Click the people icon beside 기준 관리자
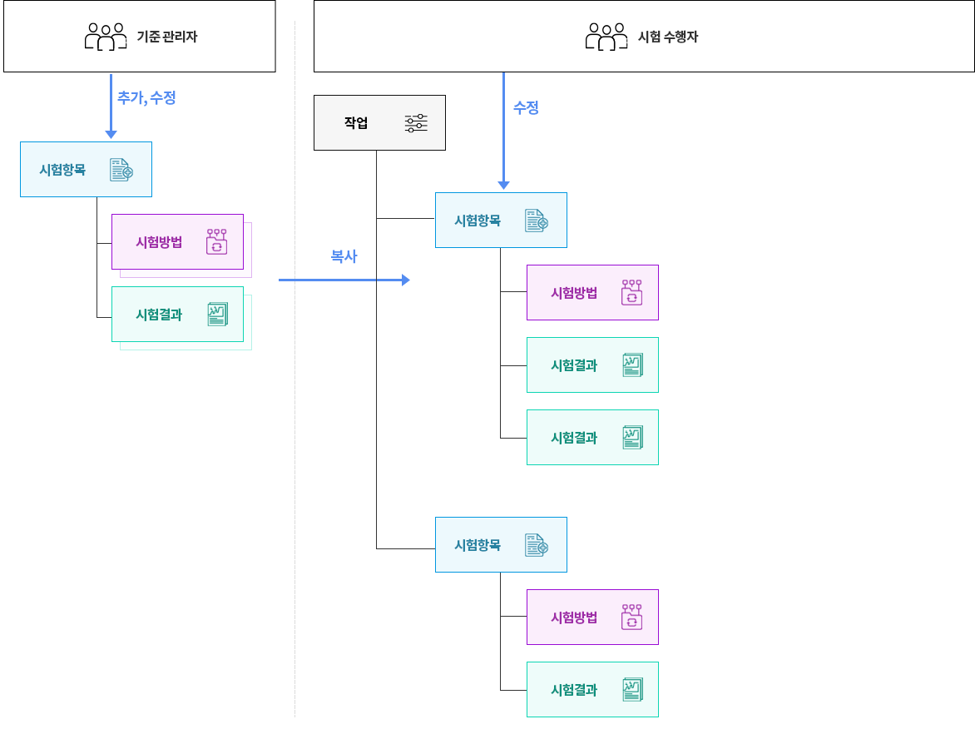pyautogui.click(x=106, y=37)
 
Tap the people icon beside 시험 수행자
pyautogui.click(x=606, y=37)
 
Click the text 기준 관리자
pyautogui.click(x=167, y=37)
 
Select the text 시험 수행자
pyautogui.click(x=669, y=37)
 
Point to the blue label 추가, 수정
pyautogui.click(x=146, y=97)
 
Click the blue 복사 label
pyautogui.click(x=344, y=256)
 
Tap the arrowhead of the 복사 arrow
pyautogui.click(x=406, y=280)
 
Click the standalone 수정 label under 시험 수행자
pyautogui.click(x=526, y=107)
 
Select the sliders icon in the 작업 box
pyautogui.click(x=416, y=123)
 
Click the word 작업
pyautogui.click(x=356, y=123)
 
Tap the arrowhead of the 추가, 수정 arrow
pyautogui.click(x=111, y=134)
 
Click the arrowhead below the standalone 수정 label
pyautogui.click(x=503, y=185)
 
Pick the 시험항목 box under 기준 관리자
pyautogui.click(x=86, y=169)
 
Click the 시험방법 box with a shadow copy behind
pyautogui.click(x=177, y=242)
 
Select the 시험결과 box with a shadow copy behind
pyautogui.click(x=177, y=314)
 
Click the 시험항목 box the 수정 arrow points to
pyautogui.click(x=501, y=221)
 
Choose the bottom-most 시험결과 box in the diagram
pyautogui.click(x=592, y=689)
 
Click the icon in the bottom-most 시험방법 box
pyautogui.click(x=631, y=617)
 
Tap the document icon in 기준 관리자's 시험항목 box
pyautogui.click(x=121, y=170)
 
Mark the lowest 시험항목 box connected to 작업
pyautogui.click(x=501, y=544)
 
